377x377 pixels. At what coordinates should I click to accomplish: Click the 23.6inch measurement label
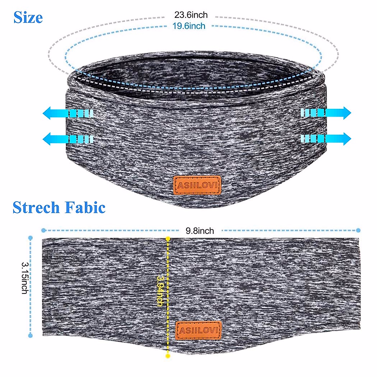(191, 15)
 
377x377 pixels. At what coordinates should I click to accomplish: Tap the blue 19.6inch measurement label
(189, 26)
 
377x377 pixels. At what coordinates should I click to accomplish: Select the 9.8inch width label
(200, 231)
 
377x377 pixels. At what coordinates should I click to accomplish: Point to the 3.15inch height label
(25, 278)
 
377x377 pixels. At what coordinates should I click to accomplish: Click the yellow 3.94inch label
(160, 291)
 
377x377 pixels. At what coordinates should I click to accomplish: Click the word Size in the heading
(28, 18)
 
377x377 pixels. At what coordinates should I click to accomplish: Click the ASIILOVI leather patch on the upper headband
(197, 185)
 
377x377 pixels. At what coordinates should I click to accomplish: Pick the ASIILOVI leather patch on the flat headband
(199, 330)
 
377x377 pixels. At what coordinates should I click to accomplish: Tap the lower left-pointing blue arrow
(68, 139)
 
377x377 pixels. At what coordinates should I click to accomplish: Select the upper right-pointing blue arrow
(326, 112)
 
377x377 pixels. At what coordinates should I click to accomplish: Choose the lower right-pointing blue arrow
(326, 139)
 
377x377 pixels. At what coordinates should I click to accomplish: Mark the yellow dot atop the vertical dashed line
(168, 238)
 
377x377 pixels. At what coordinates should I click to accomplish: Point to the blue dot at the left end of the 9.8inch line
(44, 231)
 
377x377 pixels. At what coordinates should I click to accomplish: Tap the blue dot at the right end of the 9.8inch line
(358, 231)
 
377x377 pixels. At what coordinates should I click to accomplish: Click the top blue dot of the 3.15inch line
(30, 238)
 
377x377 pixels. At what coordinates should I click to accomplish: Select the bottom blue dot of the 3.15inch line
(30, 336)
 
